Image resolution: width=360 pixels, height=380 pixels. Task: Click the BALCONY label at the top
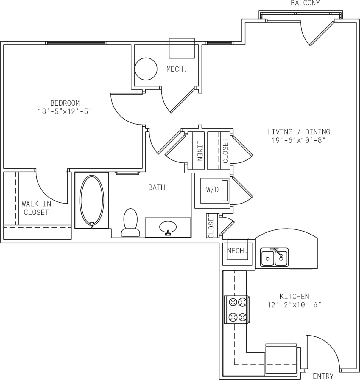point(305,3)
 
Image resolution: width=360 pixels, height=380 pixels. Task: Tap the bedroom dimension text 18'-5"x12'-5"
point(65,112)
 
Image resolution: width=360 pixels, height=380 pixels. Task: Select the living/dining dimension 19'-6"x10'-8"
point(298,140)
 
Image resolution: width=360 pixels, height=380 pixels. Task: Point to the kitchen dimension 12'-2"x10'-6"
point(294,305)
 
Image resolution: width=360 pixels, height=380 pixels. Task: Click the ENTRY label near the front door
point(323,376)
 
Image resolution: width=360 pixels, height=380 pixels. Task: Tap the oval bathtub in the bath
point(92,200)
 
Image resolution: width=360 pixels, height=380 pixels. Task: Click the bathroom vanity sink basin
point(168,227)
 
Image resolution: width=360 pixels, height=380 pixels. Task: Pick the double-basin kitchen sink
point(274,257)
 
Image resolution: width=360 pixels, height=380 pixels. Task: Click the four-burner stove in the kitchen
point(237,310)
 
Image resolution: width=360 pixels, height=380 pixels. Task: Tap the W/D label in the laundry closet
point(212,190)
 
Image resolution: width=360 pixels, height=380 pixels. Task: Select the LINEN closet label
point(199,151)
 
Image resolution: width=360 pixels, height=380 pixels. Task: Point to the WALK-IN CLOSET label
point(36,208)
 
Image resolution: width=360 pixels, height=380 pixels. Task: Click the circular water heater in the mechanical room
point(146,69)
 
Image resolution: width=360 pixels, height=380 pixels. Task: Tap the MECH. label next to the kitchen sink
point(237,251)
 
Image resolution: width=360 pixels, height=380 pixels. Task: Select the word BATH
point(157,187)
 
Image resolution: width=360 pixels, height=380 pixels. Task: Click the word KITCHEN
point(294,296)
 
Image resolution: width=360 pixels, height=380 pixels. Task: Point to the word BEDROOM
point(65,103)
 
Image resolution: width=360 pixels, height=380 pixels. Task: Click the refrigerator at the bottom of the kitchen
point(281,359)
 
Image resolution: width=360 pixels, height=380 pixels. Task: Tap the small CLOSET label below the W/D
point(211,226)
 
